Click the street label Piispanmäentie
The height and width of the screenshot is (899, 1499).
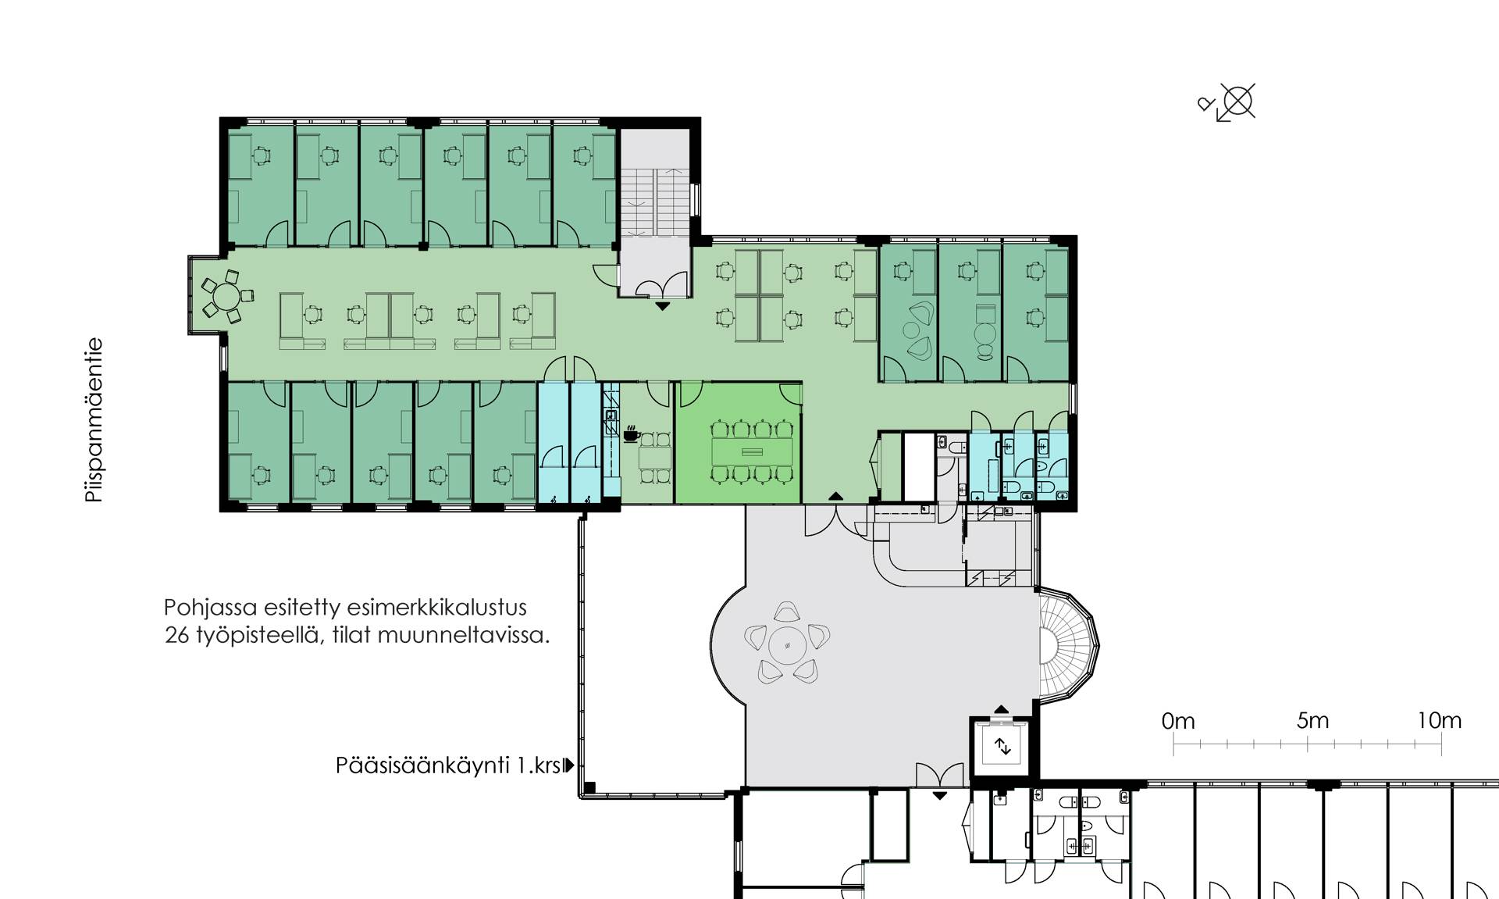click(x=94, y=420)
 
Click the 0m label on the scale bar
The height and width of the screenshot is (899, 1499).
click(x=1178, y=721)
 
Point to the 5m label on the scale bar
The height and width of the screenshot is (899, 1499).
click(x=1312, y=720)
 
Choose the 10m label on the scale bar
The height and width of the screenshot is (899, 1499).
click(x=1439, y=720)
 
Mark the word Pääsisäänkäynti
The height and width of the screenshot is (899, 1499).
click(x=423, y=765)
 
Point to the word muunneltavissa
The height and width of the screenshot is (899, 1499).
click(x=463, y=636)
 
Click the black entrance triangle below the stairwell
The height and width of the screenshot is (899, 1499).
click(x=662, y=306)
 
